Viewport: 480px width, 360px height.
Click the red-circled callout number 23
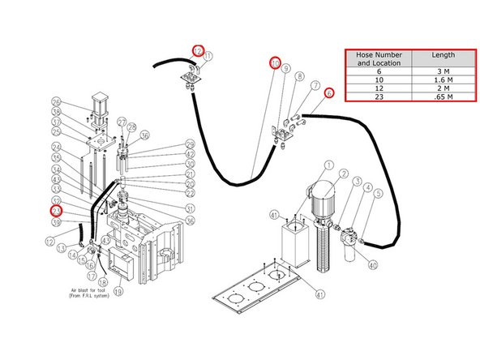click(x=56, y=211)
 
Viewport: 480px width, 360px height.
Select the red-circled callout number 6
click(x=328, y=93)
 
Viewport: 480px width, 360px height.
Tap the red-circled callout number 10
click(x=275, y=62)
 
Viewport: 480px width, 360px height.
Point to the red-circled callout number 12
click(x=197, y=49)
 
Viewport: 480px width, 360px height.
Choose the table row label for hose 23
click(x=379, y=98)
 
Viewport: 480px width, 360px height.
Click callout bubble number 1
click(x=328, y=165)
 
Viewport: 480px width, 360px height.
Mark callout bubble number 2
click(x=343, y=174)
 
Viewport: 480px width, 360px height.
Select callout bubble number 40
click(x=372, y=264)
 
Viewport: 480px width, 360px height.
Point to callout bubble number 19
click(x=118, y=291)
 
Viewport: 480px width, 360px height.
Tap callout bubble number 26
click(x=56, y=101)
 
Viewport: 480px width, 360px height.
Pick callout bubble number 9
click(x=286, y=70)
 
